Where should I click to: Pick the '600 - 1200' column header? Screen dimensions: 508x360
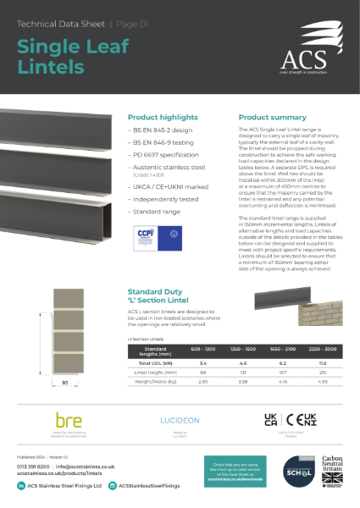click(197, 326)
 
